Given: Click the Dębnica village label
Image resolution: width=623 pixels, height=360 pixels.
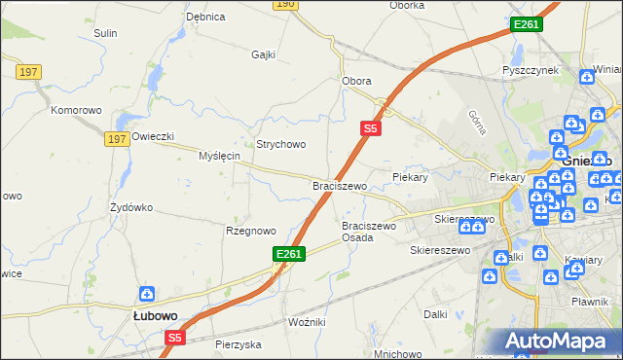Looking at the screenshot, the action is tap(205, 17).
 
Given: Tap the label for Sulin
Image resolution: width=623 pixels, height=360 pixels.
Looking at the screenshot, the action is tap(105, 33).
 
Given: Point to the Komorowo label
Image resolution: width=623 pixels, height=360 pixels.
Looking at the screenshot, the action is tap(76, 110).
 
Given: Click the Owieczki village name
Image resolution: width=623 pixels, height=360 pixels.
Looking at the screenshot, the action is tap(152, 137).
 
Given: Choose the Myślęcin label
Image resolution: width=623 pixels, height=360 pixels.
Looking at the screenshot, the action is tap(219, 156).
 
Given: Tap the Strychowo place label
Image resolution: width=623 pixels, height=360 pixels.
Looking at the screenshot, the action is tap(280, 144).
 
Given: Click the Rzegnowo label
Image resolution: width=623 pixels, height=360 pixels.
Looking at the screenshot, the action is tap(250, 231).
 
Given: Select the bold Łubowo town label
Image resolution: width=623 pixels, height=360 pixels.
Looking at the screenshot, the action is tap(154, 315).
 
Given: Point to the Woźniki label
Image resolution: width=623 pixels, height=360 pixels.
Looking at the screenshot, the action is tap(307, 321).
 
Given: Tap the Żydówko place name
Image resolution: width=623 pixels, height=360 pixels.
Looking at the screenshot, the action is tap(132, 207).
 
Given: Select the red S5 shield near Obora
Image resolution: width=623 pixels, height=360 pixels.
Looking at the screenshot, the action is tap(370, 127).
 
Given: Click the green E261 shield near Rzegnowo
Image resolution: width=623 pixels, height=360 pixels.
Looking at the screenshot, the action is tap(290, 254).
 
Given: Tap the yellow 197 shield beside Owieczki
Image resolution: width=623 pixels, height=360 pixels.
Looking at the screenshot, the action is tap(118, 140).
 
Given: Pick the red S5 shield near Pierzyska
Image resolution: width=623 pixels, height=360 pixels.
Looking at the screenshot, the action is tap(174, 338).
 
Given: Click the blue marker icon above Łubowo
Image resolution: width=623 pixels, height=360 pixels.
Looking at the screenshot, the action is tap(146, 294).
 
